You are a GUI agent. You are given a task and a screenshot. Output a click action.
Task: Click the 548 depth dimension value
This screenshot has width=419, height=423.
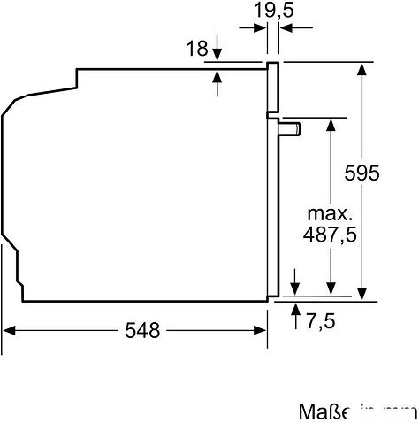pyautogui.click(x=141, y=331)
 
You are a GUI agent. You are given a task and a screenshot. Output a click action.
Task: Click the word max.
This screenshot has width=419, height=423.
pyautogui.click(x=330, y=214)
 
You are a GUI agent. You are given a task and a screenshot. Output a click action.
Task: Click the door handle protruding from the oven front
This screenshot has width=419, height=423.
pyautogui.click(x=290, y=129)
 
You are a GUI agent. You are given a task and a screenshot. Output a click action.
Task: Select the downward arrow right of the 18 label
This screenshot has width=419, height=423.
pyautogui.click(x=218, y=55)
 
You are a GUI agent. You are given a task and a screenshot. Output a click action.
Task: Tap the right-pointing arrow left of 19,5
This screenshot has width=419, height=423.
pyautogui.click(x=263, y=28)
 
